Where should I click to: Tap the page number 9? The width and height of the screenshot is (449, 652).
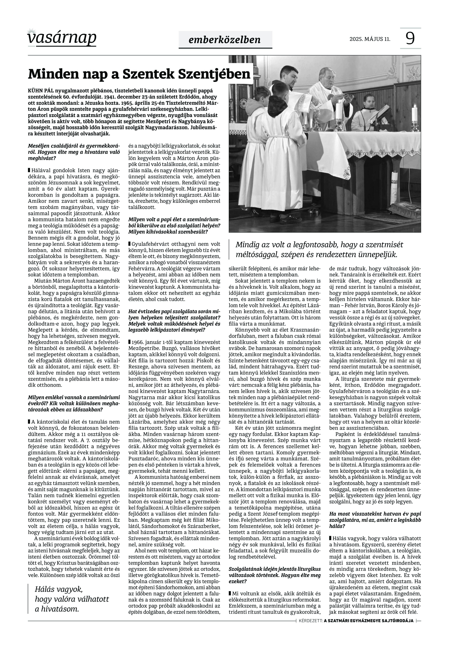[x=410, y=38]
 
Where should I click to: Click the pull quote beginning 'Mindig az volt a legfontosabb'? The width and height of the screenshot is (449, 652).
[x=319, y=250]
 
